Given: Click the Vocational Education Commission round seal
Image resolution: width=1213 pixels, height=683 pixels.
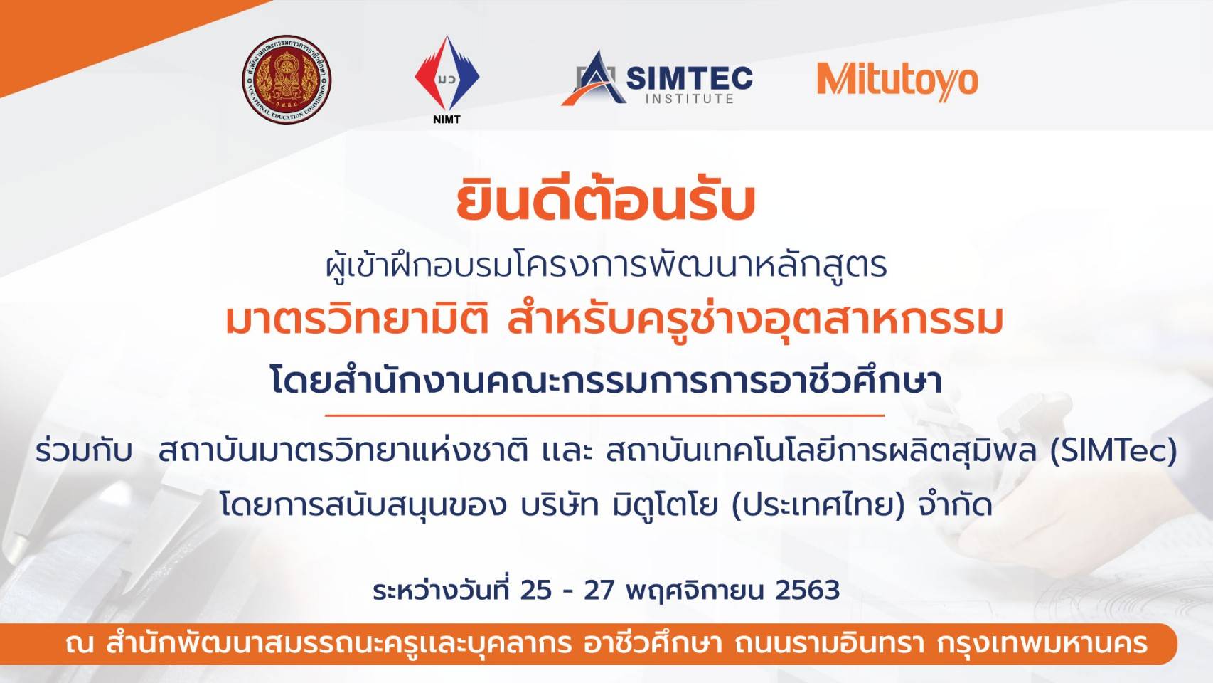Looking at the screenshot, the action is [287, 79].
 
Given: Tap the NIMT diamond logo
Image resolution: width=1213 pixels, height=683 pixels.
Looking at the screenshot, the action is [447, 74].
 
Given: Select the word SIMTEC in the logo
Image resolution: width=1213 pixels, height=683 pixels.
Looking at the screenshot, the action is [690, 78].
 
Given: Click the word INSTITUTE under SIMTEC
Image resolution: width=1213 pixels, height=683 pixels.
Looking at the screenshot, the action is [690, 99].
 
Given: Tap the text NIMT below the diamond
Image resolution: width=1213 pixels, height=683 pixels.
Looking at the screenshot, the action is [447, 120].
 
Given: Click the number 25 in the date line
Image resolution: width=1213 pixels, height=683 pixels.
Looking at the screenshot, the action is [536, 591].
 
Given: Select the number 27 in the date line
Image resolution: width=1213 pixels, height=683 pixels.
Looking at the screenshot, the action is [600, 591].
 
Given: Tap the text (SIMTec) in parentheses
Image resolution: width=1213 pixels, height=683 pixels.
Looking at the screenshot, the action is [1113, 452].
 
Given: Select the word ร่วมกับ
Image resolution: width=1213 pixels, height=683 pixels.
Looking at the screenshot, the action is [84, 451].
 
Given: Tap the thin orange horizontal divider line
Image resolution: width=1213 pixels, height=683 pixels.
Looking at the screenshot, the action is [604, 415].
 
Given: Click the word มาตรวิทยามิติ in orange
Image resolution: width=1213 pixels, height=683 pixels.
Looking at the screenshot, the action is [358, 320].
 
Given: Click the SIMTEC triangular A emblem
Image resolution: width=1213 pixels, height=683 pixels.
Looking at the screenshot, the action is [594, 78].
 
